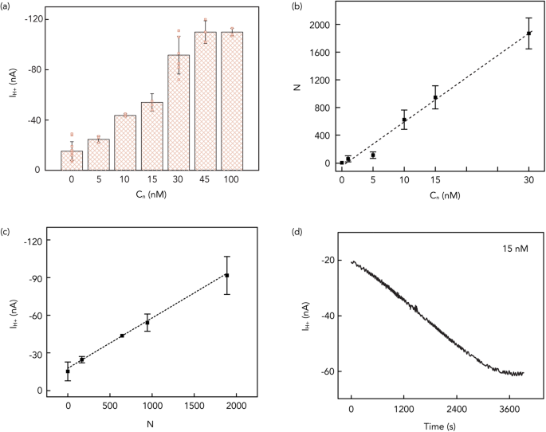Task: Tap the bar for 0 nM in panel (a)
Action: click(72, 159)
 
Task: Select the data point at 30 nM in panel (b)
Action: click(529, 33)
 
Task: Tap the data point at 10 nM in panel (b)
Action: click(404, 120)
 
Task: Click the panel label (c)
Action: click(7, 232)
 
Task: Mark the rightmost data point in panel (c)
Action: click(227, 275)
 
